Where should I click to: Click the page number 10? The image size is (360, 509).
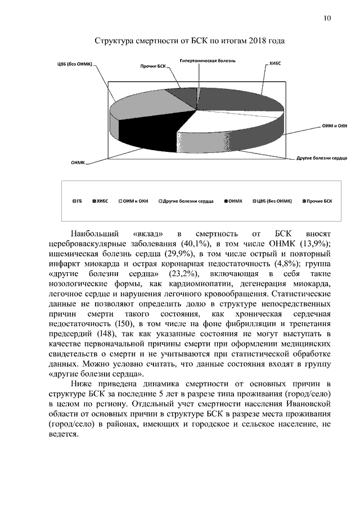pos(327,19)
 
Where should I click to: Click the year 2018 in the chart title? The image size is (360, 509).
pos(256,41)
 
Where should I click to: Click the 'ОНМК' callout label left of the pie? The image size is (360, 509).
pos(78,163)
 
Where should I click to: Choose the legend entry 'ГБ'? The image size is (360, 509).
pos(79,201)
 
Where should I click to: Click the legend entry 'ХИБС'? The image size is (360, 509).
pos(101,201)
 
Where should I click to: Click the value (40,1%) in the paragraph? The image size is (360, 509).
pos(195,243)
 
